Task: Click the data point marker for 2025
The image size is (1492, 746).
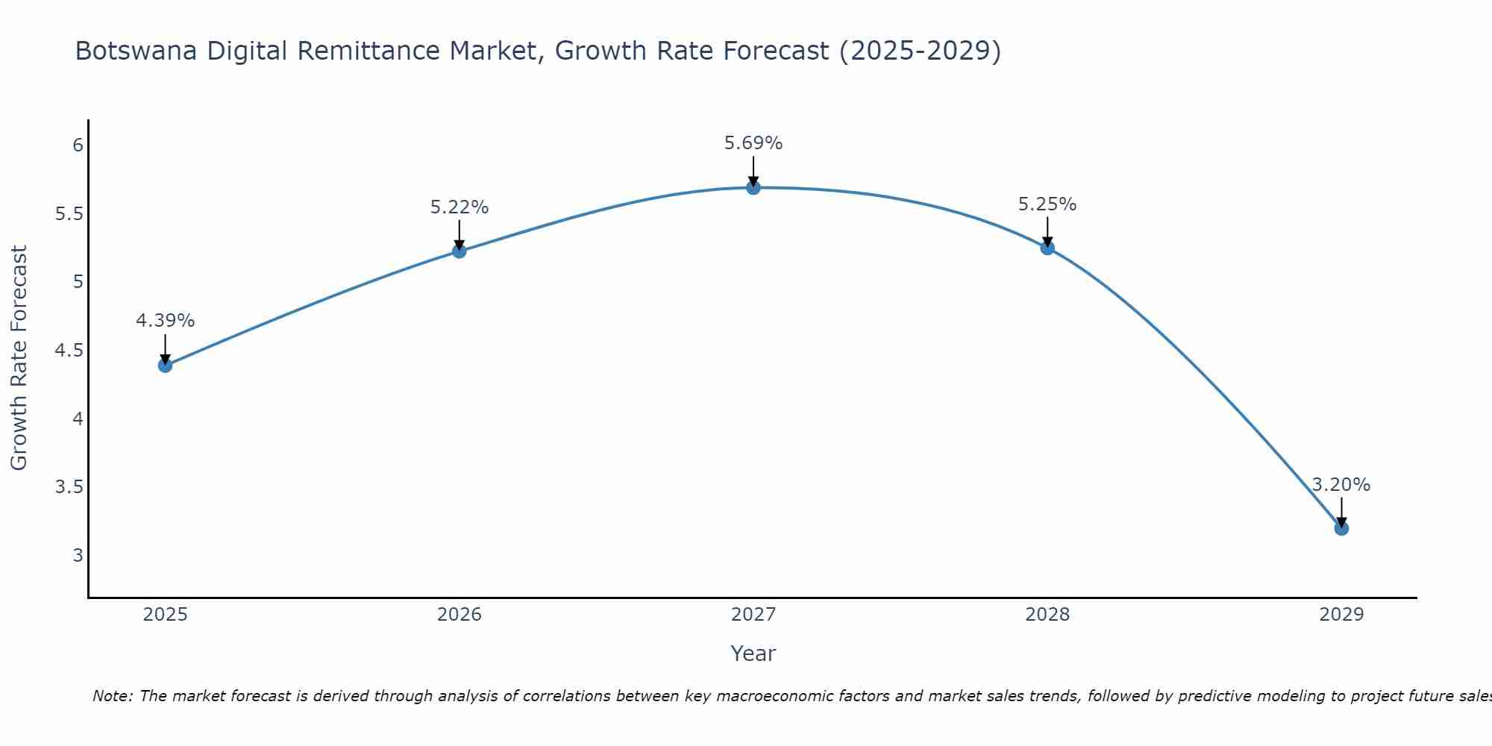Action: [x=165, y=366]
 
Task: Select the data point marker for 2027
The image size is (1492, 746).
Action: [x=753, y=188]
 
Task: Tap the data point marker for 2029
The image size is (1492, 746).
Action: [x=1341, y=528]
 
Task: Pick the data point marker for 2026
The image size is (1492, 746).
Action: [x=460, y=251]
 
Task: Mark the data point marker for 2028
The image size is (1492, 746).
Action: [x=1047, y=248]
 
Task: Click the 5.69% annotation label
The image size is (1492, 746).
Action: [x=753, y=143]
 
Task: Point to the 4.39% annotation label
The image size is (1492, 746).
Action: [x=165, y=321]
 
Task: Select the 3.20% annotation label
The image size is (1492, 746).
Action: [x=1341, y=485]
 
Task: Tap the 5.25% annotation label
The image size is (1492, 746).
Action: [x=1047, y=204]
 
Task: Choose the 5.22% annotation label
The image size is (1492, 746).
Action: [x=460, y=207]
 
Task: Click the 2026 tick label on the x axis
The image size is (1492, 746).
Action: [x=460, y=615]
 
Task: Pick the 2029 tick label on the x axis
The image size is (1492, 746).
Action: [x=1341, y=615]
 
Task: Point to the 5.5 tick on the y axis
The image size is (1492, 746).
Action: [x=69, y=214]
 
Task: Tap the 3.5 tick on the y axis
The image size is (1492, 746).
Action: [x=69, y=487]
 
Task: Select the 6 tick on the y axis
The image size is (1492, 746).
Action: [x=78, y=145]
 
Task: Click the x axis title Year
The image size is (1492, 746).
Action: [x=753, y=653]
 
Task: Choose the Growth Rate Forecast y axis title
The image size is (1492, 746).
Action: [x=19, y=358]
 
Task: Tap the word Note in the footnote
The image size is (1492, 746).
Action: [x=112, y=696]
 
